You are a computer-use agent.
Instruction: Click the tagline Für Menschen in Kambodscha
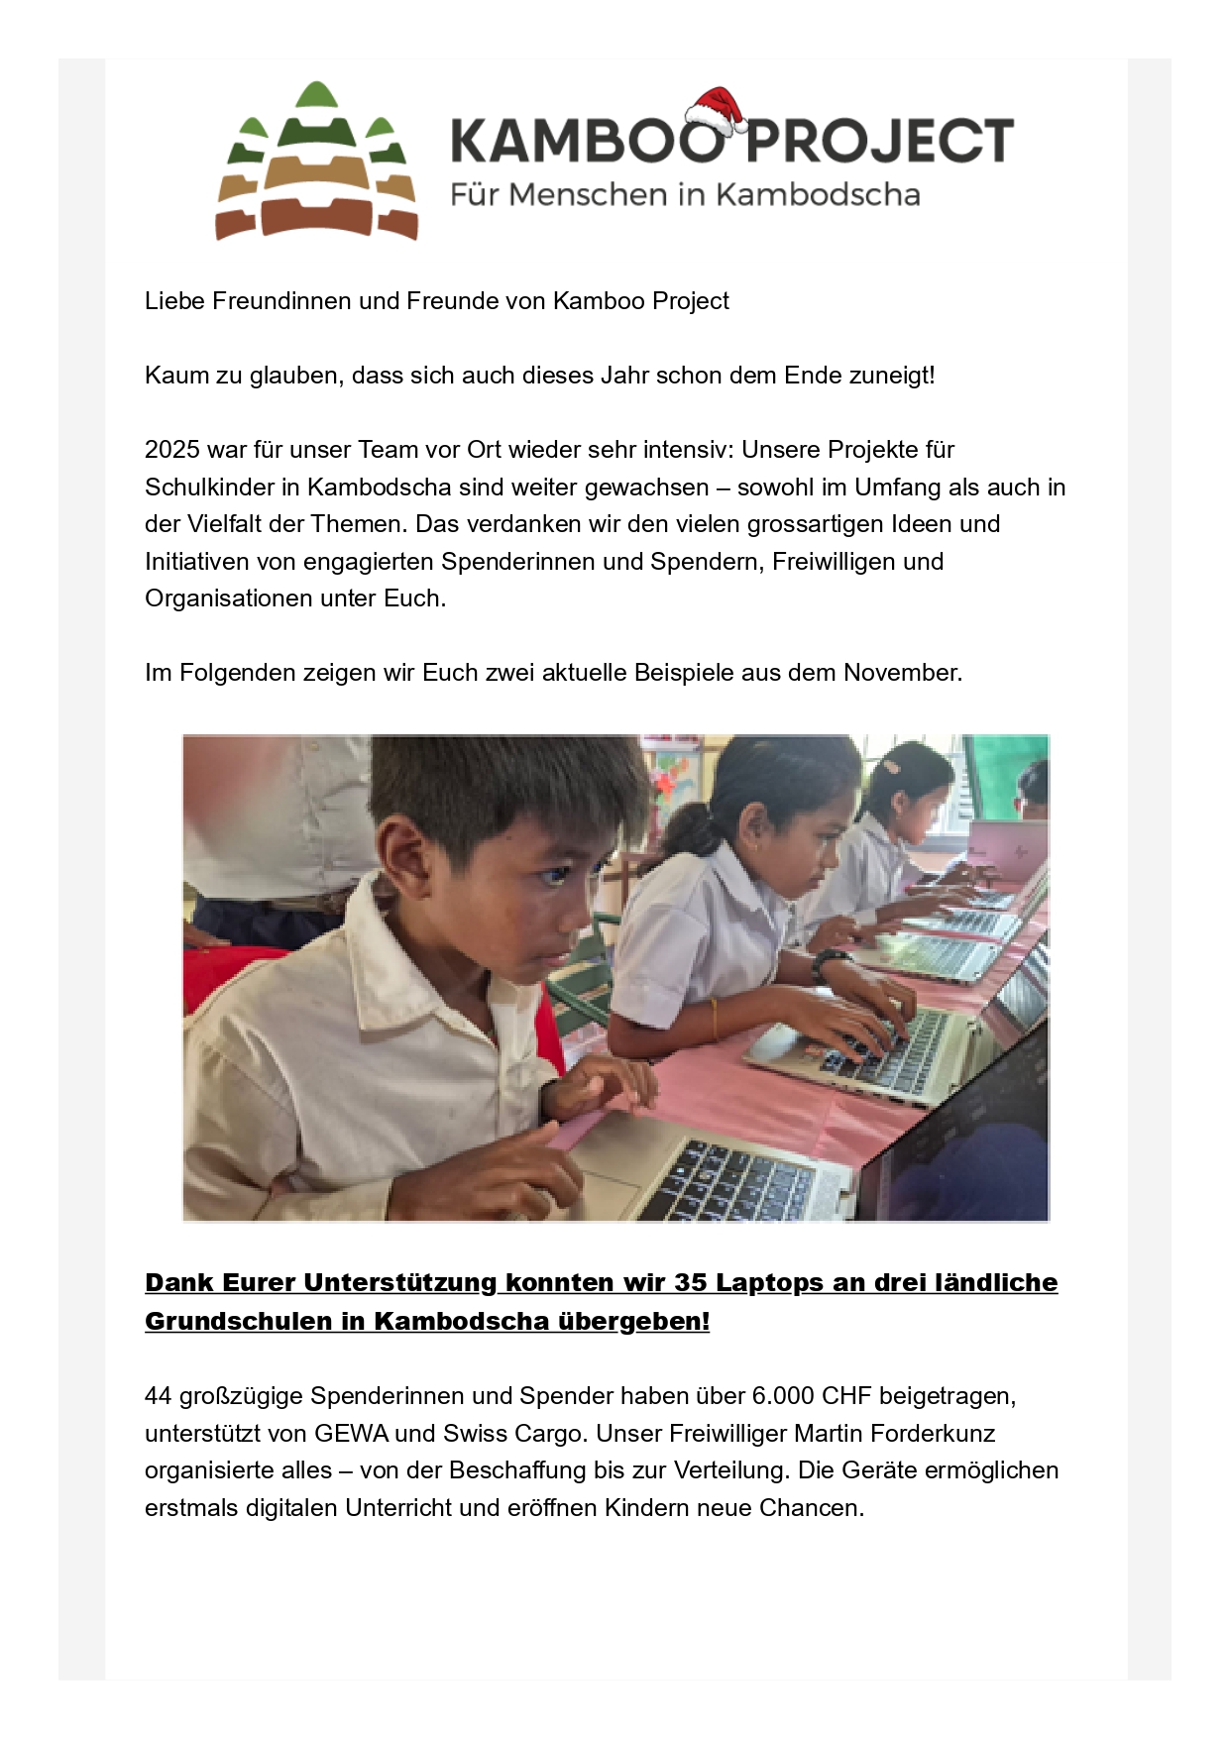click(x=684, y=194)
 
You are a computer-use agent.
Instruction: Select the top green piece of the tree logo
click(x=317, y=95)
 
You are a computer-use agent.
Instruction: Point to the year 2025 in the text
click(x=171, y=450)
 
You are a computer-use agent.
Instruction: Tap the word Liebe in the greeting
click(x=175, y=301)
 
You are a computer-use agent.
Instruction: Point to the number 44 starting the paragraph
click(x=159, y=1396)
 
